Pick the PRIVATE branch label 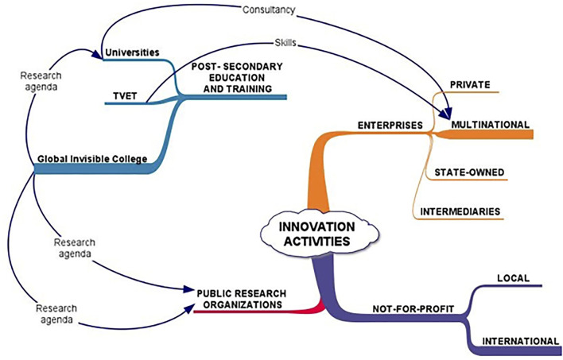click(468, 83)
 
